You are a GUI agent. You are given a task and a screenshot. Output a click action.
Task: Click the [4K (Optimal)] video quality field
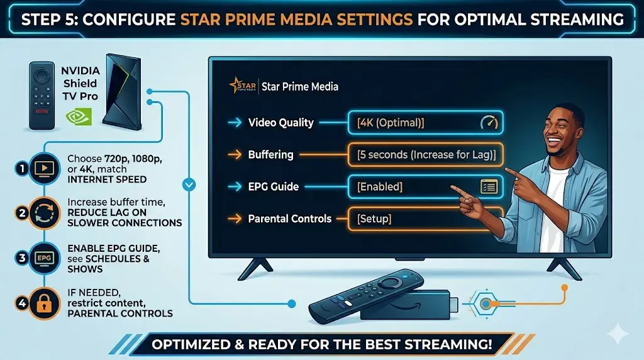(426, 123)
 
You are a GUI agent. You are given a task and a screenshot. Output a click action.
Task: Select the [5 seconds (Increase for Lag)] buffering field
(426, 155)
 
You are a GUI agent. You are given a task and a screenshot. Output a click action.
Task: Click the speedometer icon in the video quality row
(488, 123)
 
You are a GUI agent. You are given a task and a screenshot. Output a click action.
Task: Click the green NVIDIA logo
(79, 117)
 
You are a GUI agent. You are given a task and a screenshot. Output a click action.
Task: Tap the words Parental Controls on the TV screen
(290, 219)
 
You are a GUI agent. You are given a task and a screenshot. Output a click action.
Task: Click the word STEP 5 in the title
(52, 18)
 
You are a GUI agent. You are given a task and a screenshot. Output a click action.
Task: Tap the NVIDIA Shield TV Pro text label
(80, 82)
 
